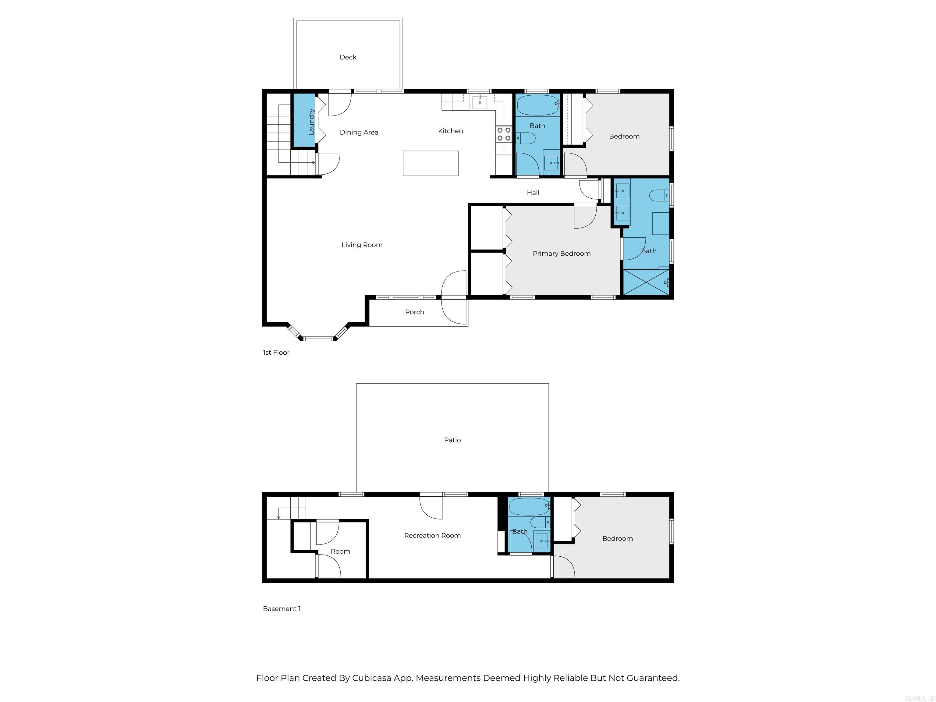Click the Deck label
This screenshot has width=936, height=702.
(348, 57)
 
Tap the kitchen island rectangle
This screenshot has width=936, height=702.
(430, 163)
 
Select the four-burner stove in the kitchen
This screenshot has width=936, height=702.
(504, 134)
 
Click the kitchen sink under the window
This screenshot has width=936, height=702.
(480, 102)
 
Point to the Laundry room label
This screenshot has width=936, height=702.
(311, 122)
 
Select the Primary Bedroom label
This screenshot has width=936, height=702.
(562, 253)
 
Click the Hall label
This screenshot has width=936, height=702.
(533, 193)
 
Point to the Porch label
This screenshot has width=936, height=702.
(414, 312)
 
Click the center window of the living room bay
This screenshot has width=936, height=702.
(319, 339)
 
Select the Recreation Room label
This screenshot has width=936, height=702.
(432, 535)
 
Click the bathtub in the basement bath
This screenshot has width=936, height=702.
(529, 506)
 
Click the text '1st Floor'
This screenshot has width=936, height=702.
(276, 353)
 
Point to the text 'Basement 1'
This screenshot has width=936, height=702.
(282, 608)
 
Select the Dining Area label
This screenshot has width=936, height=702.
(359, 132)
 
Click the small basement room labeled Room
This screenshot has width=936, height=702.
(340, 551)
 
